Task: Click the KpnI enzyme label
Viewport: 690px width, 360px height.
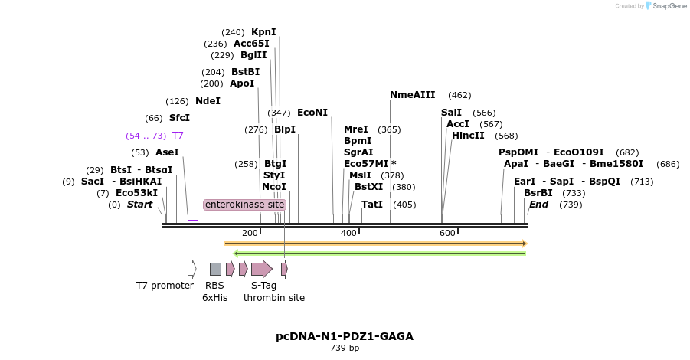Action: [x=263, y=32]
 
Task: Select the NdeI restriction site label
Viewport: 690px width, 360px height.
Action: [x=208, y=101]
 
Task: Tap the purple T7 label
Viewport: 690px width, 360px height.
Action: [x=178, y=136]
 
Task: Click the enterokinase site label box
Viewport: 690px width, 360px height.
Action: [x=244, y=205]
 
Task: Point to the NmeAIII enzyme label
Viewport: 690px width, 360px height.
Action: [x=412, y=95]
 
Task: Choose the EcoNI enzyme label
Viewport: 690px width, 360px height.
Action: [x=312, y=113]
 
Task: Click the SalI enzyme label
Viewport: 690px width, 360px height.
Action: [x=451, y=113]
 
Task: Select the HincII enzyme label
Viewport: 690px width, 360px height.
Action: [x=468, y=136]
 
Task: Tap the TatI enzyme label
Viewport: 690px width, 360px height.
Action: [x=372, y=205]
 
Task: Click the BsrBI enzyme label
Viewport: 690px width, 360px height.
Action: [x=538, y=193]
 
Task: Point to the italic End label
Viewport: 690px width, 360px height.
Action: [x=538, y=205]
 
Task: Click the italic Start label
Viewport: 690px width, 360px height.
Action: [x=140, y=205]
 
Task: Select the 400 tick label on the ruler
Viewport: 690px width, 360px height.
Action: [x=348, y=233]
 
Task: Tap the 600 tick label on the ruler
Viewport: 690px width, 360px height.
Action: [x=447, y=233]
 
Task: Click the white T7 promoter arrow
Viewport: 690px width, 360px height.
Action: [x=191, y=269]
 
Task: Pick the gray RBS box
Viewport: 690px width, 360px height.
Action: [x=215, y=269]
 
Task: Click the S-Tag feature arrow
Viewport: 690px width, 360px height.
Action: [x=262, y=269]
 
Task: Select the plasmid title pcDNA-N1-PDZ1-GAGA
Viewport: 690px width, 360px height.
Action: [x=345, y=336]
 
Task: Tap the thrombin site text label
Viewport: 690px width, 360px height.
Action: [x=274, y=298]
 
